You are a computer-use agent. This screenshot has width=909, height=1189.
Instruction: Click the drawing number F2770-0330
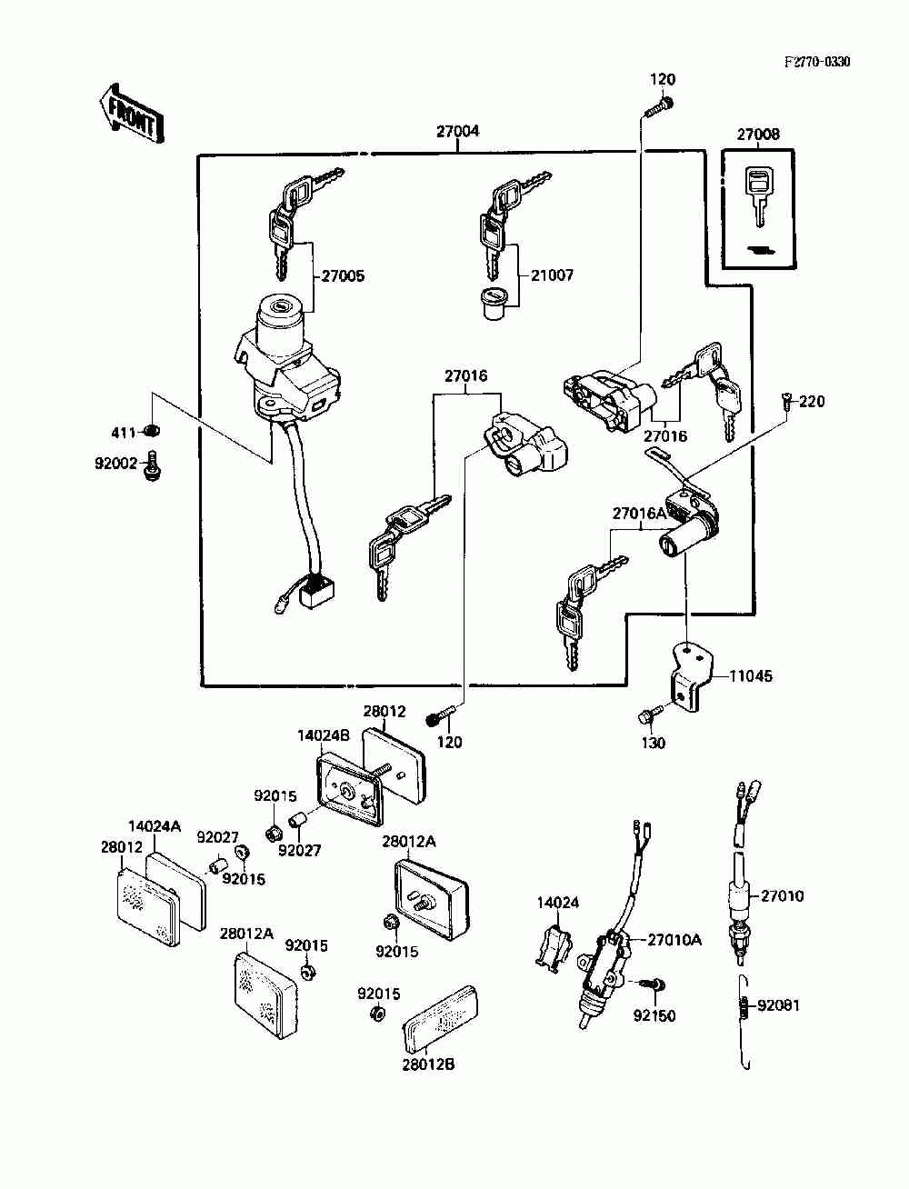pos(817,62)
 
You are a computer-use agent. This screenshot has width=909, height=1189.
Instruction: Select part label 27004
pos(458,131)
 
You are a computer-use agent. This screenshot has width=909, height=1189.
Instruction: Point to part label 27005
pos(343,276)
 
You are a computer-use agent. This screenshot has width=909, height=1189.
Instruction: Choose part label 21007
pos(552,275)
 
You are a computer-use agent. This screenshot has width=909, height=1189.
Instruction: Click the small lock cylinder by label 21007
pos(494,305)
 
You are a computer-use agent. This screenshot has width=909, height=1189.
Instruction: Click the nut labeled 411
pos(152,432)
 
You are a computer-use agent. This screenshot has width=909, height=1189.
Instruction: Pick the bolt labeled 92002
pos(152,465)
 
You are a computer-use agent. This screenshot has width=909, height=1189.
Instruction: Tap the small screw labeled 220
pos(787,401)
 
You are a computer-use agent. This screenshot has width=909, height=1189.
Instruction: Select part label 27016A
pos(639,513)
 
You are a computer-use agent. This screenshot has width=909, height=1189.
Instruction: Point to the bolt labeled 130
pos(651,716)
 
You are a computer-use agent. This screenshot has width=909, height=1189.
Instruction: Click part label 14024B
pos(324,735)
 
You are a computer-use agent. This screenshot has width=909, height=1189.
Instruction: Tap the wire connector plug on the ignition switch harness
pos(318,592)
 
